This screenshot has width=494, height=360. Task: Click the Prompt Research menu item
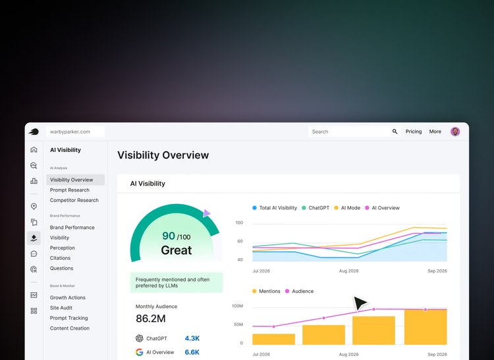[70, 190]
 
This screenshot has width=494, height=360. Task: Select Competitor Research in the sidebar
[74, 200]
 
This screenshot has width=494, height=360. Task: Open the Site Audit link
[61, 308]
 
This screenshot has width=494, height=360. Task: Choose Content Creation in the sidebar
[70, 328]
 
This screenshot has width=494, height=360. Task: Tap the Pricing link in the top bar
[414, 132]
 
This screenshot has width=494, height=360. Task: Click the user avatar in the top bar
[455, 132]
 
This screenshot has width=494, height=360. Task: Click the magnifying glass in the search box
[395, 132]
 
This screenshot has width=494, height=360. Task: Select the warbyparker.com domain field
[76, 132]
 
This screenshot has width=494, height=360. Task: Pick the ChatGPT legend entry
[316, 208]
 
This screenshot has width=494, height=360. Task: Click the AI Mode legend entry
[350, 208]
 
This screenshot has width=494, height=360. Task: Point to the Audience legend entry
[302, 291]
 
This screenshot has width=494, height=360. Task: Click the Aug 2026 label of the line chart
[349, 271]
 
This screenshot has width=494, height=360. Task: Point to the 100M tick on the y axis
[237, 306]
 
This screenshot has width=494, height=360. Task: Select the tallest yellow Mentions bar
[425, 327]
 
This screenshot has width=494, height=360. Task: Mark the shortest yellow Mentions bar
[274, 339]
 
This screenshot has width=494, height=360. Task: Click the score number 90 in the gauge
[169, 236]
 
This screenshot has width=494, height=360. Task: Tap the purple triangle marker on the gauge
[207, 213]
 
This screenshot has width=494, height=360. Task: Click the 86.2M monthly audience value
[151, 319]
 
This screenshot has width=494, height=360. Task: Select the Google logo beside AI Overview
[140, 352]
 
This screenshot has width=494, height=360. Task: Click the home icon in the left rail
[34, 150]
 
